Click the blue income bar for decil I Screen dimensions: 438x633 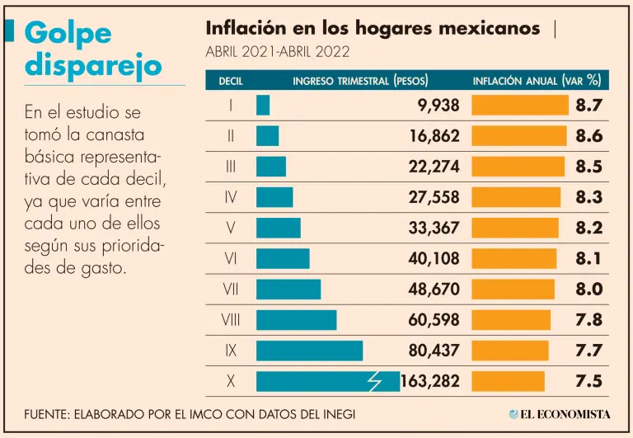(263, 106)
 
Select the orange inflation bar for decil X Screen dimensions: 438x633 (508, 381)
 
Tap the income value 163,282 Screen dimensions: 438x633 (430, 381)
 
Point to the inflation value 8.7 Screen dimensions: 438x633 (589, 106)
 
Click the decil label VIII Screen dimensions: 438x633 (231, 320)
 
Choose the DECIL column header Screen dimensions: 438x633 (231, 81)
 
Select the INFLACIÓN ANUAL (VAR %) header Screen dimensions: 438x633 (536, 81)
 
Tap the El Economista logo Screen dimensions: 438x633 (560, 414)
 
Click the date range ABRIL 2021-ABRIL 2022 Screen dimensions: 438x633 (277, 52)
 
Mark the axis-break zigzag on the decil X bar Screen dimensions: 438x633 (374, 381)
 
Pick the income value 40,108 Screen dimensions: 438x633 (434, 259)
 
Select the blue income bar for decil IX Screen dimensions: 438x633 (309, 351)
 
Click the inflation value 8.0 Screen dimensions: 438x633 (589, 290)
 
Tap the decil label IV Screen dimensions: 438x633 (231, 197)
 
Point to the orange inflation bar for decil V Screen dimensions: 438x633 (514, 228)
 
